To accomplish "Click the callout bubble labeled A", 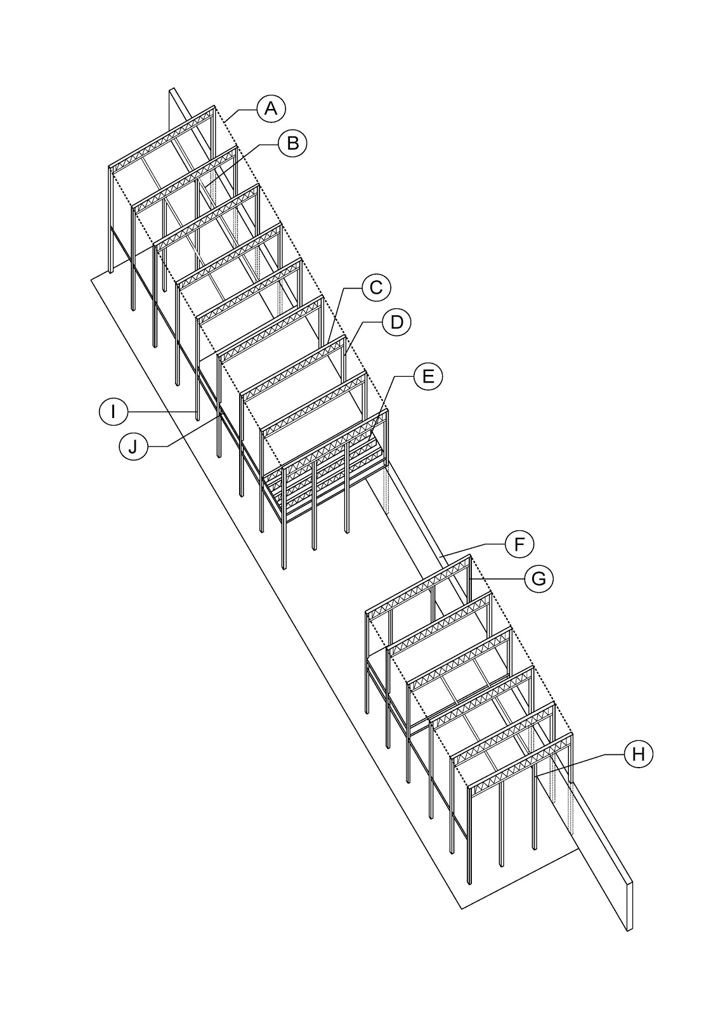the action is tap(271, 108).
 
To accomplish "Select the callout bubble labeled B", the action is tap(292, 143).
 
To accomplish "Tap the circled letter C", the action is tap(376, 287).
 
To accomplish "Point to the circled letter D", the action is tap(396, 322).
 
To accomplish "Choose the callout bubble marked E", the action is tap(428, 376).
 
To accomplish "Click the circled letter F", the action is tap(519, 544).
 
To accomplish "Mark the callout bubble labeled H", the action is tap(638, 754).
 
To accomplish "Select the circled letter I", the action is tap(114, 412).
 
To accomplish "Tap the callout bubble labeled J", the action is tap(133, 447).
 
